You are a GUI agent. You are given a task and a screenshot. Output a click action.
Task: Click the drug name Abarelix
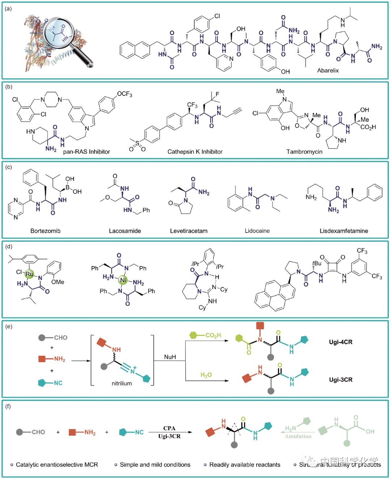pos(328,70)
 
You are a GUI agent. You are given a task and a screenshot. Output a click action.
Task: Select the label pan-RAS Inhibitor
pos(87,151)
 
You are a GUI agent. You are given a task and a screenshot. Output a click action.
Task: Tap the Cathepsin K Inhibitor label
pos(195,151)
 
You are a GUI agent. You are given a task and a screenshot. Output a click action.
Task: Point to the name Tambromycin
pos(304,151)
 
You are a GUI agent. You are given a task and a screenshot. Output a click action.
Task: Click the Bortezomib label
pos(45,231)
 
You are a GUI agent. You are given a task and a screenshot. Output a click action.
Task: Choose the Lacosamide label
pos(125,231)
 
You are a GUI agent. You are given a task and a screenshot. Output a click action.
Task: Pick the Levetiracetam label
pos(189,231)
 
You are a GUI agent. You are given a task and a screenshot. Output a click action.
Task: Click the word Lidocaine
pos(257,231)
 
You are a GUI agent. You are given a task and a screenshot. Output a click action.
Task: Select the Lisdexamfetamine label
pos(344,231)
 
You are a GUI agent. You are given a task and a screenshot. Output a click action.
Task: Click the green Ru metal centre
pos(29,274)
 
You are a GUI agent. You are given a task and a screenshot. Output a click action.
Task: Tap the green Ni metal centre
pos(123,280)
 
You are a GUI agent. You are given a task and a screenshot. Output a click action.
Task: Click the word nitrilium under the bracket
pos(122,383)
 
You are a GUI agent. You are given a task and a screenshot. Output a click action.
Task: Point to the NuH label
pos(170,357)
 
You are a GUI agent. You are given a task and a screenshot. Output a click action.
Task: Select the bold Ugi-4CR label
pos(341,342)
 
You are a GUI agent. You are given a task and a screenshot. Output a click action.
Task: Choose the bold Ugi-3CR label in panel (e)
pos(341,380)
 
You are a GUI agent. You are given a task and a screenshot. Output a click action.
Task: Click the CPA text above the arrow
pos(169,428)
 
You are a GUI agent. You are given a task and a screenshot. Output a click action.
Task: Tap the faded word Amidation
pos(298,436)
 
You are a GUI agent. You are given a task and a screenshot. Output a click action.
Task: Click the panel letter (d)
pos(9,247)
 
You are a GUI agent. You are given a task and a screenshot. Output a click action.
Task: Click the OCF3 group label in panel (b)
pos(125,94)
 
